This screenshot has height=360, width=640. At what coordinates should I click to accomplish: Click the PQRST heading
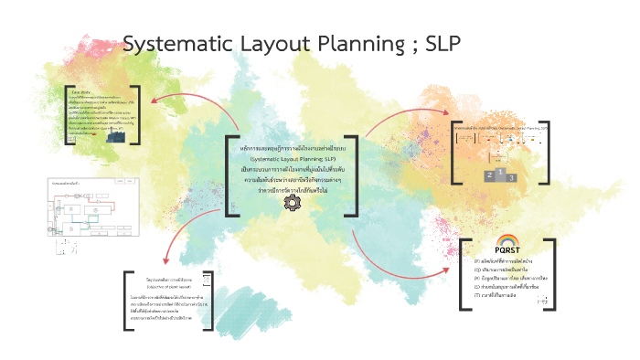508,251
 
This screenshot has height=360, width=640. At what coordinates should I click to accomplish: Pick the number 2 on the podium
490,174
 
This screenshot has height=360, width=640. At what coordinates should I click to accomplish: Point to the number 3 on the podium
511,177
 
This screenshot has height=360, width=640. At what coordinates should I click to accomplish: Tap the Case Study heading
80,91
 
